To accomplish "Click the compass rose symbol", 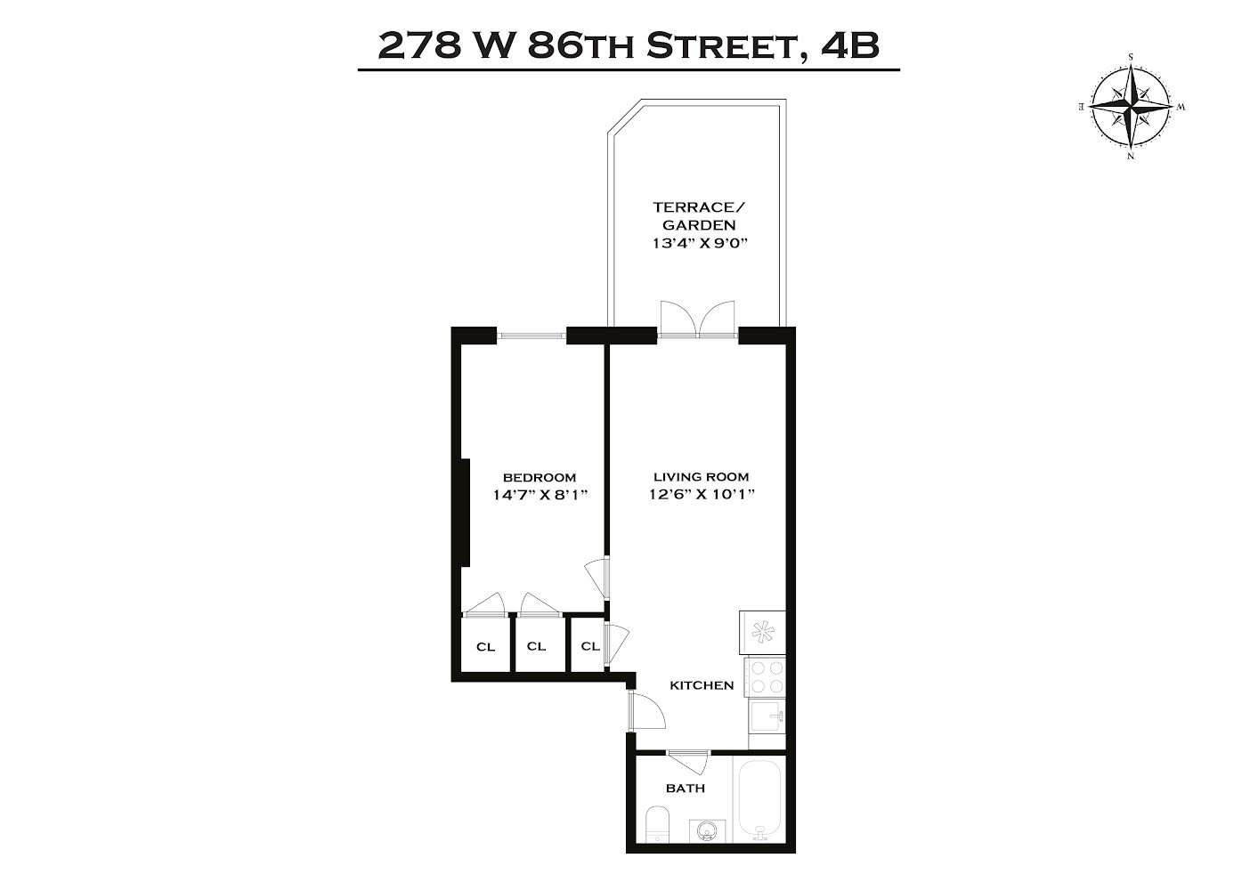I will pos(1132,106).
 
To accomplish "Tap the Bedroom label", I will pos(539,477).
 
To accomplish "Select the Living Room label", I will pos(702,476).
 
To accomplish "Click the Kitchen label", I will pos(702,685).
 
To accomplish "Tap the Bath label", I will pos(686,789).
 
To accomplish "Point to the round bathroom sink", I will pos(708,831).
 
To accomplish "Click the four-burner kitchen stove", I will pos(766,676).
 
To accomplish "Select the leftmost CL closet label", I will pos(485,647).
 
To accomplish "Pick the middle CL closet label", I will pos(536,646).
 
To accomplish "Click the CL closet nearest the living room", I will pos(589,646).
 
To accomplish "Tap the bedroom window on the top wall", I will pos(532,336).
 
